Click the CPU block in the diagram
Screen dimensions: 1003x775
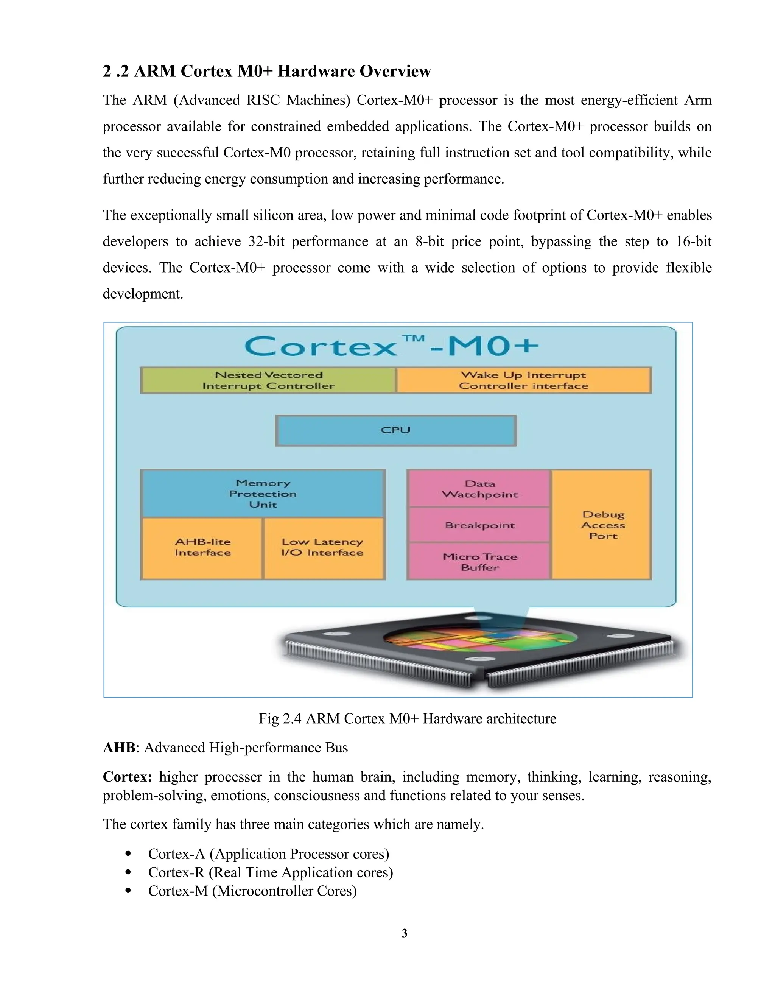(396, 430)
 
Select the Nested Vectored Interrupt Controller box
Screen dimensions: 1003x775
(269, 380)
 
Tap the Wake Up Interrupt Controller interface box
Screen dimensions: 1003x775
(523, 380)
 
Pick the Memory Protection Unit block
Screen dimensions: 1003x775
(263, 494)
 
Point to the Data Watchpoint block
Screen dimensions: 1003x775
(479, 489)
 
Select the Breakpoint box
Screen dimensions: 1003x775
(480, 525)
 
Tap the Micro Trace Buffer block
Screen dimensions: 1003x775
(480, 562)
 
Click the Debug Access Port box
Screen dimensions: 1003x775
(603, 525)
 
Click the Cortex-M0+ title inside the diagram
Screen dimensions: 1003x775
(391, 346)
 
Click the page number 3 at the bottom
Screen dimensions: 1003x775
(404, 933)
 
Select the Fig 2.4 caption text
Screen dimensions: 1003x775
(407, 718)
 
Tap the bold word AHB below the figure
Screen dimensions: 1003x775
(119, 748)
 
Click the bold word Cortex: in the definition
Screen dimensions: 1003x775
(127, 777)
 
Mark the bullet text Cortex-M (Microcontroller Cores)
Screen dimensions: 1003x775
(252, 891)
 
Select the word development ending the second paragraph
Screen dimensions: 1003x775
(142, 294)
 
